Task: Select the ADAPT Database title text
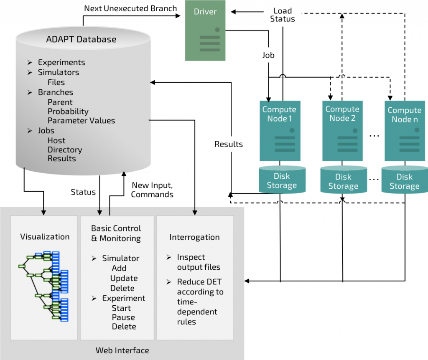point(81,40)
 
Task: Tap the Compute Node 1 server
point(279,130)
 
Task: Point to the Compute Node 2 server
point(342,130)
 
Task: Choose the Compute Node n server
point(404,130)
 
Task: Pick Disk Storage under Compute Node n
point(404,181)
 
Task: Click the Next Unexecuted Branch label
point(130,8)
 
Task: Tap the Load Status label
point(283,15)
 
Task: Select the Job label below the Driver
point(268,55)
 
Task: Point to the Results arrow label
point(229,144)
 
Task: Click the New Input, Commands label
point(152,190)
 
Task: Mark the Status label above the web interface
point(83,192)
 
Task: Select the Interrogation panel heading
point(194,237)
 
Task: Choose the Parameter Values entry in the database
point(81,121)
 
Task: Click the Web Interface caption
point(122,350)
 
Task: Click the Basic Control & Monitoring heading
point(116,233)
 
